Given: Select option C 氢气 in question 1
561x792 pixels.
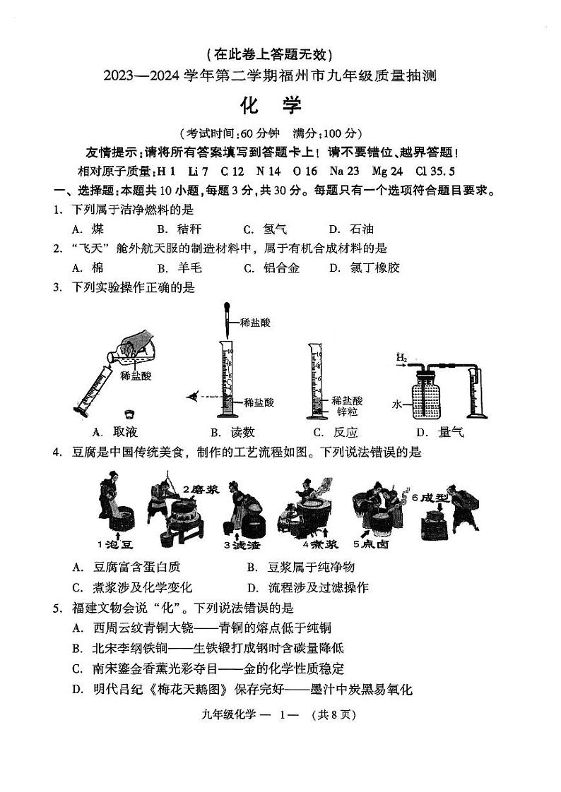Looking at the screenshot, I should pos(265,229).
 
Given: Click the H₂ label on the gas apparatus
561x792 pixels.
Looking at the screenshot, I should pos(402,358).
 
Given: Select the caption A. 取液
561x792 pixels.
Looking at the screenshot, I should pos(115,432).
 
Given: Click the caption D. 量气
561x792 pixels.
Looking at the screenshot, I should pos(439,432).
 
